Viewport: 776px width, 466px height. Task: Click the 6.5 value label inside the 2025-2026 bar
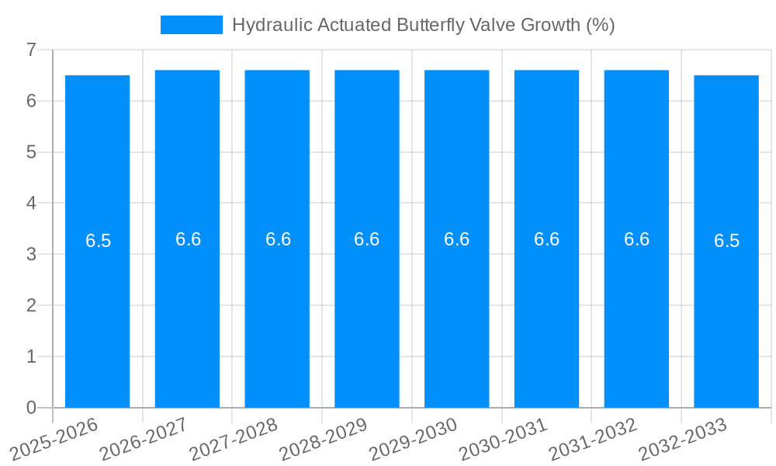(x=98, y=241)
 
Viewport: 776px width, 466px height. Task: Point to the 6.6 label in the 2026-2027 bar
(x=188, y=239)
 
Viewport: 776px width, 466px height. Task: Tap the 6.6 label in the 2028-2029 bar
(x=367, y=239)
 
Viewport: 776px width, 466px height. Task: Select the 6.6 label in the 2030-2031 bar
(x=546, y=239)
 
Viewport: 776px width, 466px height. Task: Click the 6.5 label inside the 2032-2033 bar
(x=726, y=241)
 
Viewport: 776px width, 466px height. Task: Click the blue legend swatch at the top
(x=191, y=25)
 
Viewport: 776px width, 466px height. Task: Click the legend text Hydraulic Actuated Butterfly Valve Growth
(x=423, y=25)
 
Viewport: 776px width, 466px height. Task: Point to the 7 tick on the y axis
(x=31, y=50)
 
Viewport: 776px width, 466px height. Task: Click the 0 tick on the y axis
(x=31, y=408)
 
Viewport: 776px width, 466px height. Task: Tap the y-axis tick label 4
(x=31, y=203)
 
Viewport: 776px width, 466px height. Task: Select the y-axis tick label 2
(x=31, y=305)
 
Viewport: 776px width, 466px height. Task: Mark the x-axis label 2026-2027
(x=145, y=439)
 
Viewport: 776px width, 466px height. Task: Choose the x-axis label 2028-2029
(x=324, y=439)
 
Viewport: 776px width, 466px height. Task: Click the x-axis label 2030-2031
(x=504, y=439)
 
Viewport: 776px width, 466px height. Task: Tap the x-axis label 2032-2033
(x=684, y=439)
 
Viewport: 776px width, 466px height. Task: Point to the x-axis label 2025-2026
(x=55, y=439)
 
